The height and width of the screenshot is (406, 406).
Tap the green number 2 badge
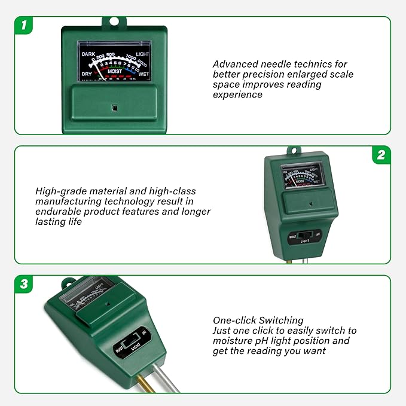(x=381, y=155)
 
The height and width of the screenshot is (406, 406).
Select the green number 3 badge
(x=23, y=284)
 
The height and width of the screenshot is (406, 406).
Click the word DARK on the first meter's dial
(x=88, y=54)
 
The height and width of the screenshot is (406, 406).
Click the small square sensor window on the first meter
(x=114, y=108)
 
